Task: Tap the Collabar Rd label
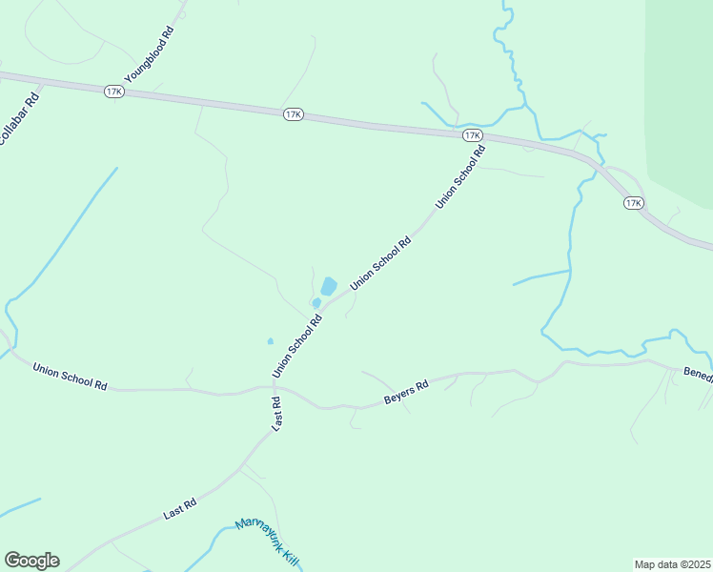(17, 119)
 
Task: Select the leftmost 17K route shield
(114, 91)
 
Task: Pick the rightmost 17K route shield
(634, 203)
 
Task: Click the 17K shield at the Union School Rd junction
(472, 136)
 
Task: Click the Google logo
(31, 561)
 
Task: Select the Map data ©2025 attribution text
(672, 563)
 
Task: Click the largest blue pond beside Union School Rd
(329, 286)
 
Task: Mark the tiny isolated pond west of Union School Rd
(271, 340)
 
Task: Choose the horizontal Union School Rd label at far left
(70, 376)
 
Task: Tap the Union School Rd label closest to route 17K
(460, 176)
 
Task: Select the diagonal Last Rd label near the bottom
(179, 508)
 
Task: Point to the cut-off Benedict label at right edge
(698, 376)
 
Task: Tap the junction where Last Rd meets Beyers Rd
(282, 389)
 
